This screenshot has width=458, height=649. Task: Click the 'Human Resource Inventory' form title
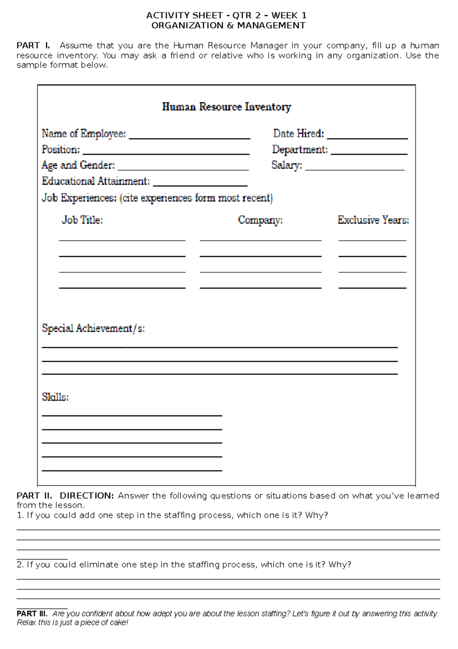coord(226,107)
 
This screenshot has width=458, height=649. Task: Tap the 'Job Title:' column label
coord(82,220)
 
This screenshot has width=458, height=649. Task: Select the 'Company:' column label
coord(260,220)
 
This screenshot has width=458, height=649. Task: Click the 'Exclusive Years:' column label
coord(373,220)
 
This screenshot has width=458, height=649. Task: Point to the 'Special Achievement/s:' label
coord(93,329)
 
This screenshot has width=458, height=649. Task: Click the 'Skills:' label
coord(55,397)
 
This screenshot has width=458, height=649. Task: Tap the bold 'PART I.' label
coord(33,45)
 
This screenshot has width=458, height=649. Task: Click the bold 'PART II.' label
coord(34,496)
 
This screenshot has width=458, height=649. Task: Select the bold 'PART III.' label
coord(32,613)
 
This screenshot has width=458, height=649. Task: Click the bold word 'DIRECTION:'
coord(87,496)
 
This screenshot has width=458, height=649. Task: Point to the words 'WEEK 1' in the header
coord(289,16)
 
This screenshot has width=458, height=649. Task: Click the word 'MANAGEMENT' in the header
coord(271,26)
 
